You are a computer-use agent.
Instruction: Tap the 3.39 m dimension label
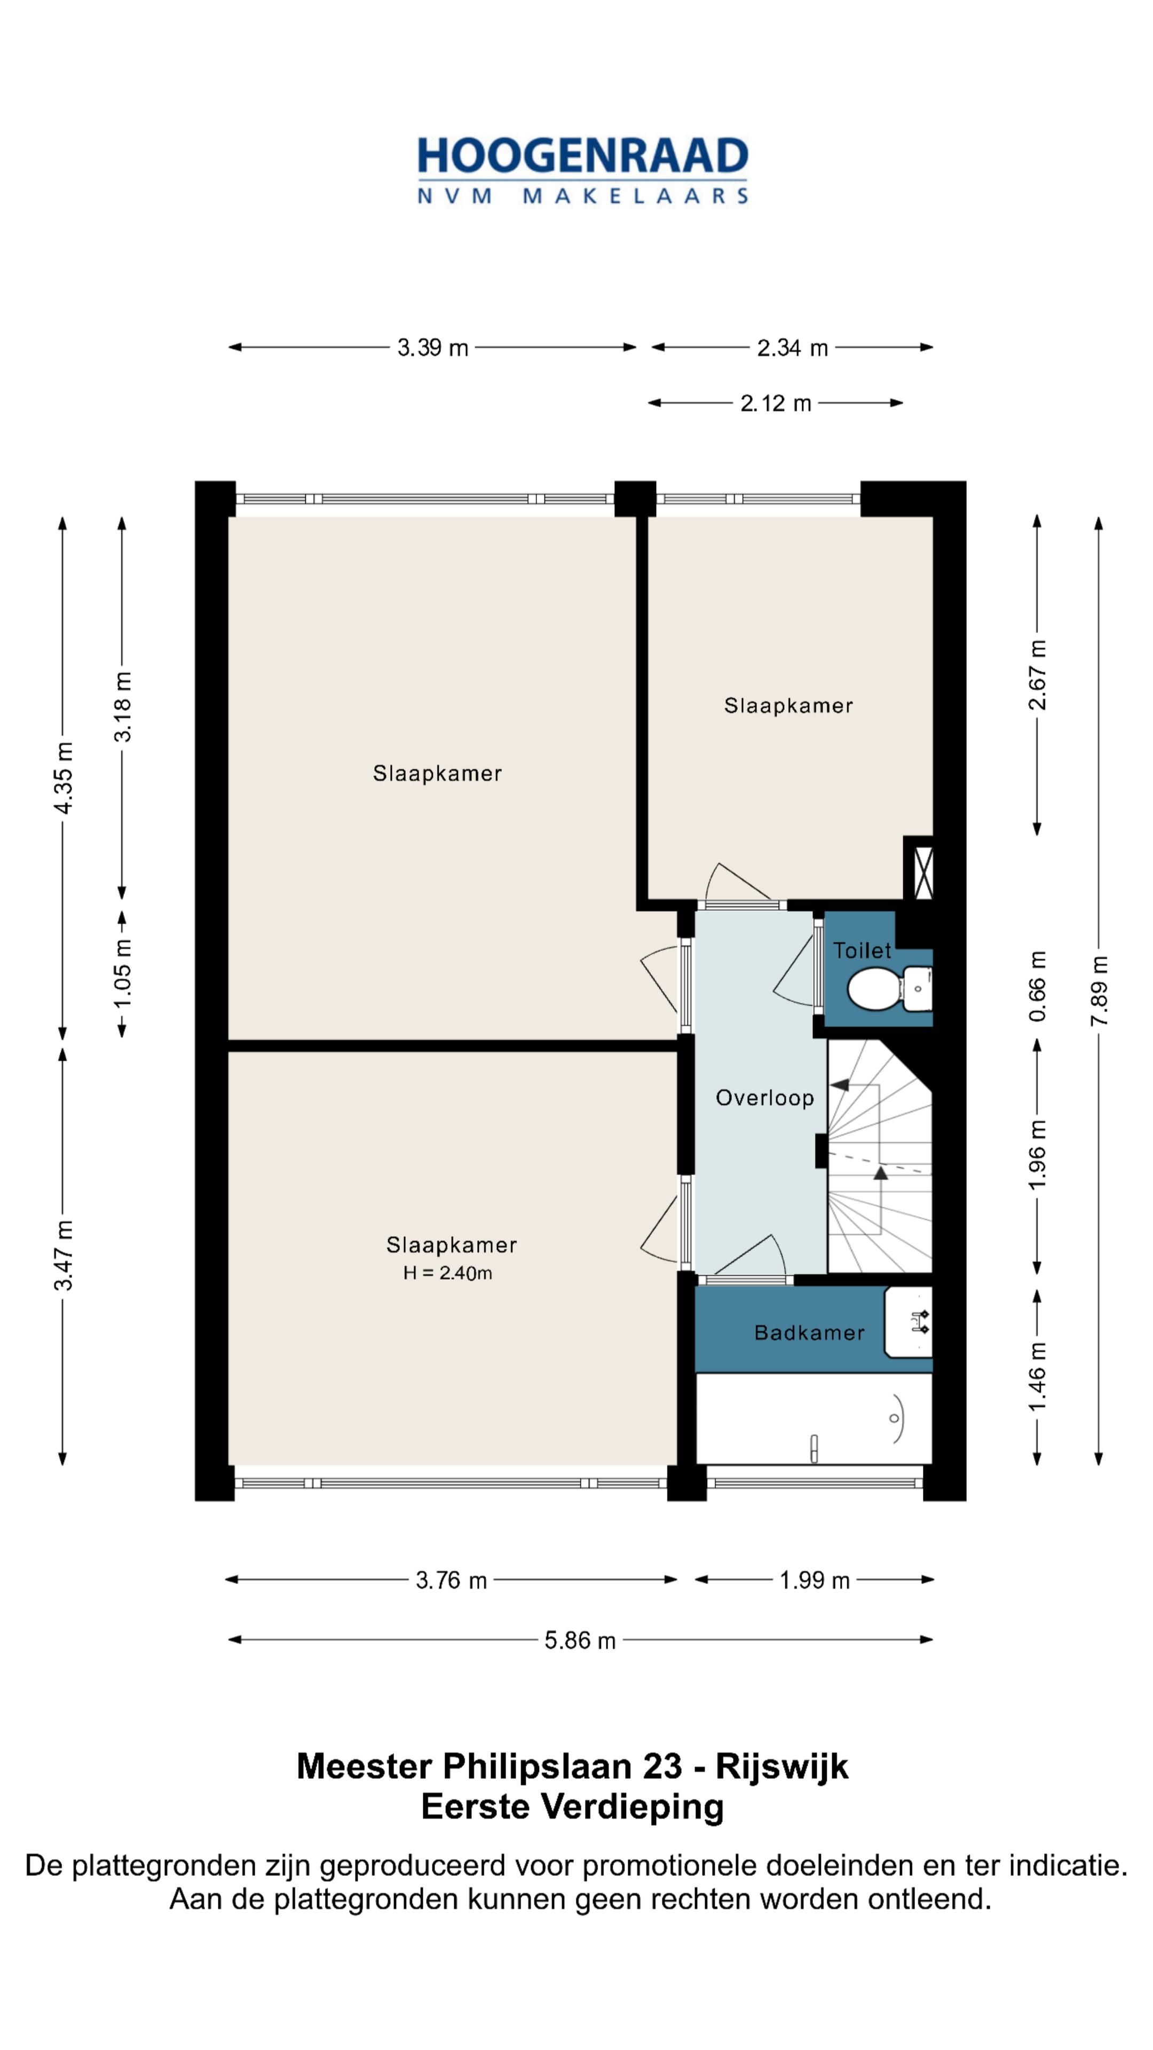pos(433,348)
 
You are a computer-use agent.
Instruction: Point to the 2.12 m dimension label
pos(776,404)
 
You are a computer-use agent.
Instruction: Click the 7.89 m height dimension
pos(1099,991)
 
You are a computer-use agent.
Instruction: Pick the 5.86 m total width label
pos(580,1640)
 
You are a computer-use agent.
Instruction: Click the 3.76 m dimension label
pos(451,1580)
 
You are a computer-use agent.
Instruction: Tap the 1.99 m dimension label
pos(815,1580)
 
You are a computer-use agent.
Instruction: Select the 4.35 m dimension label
pos(63,777)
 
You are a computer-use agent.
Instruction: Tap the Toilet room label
pos(862,950)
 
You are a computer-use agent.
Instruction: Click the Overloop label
pos(765,1098)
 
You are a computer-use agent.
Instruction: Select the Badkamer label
pos(809,1333)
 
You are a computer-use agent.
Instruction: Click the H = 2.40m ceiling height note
pos(447,1273)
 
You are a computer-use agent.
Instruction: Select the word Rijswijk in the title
pos(782,1767)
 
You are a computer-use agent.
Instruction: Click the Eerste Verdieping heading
pos(572,1807)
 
